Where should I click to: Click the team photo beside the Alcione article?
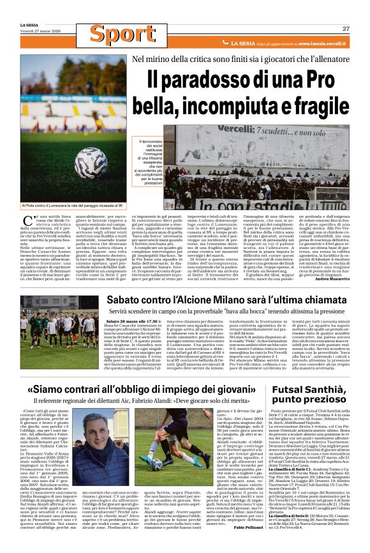59,332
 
